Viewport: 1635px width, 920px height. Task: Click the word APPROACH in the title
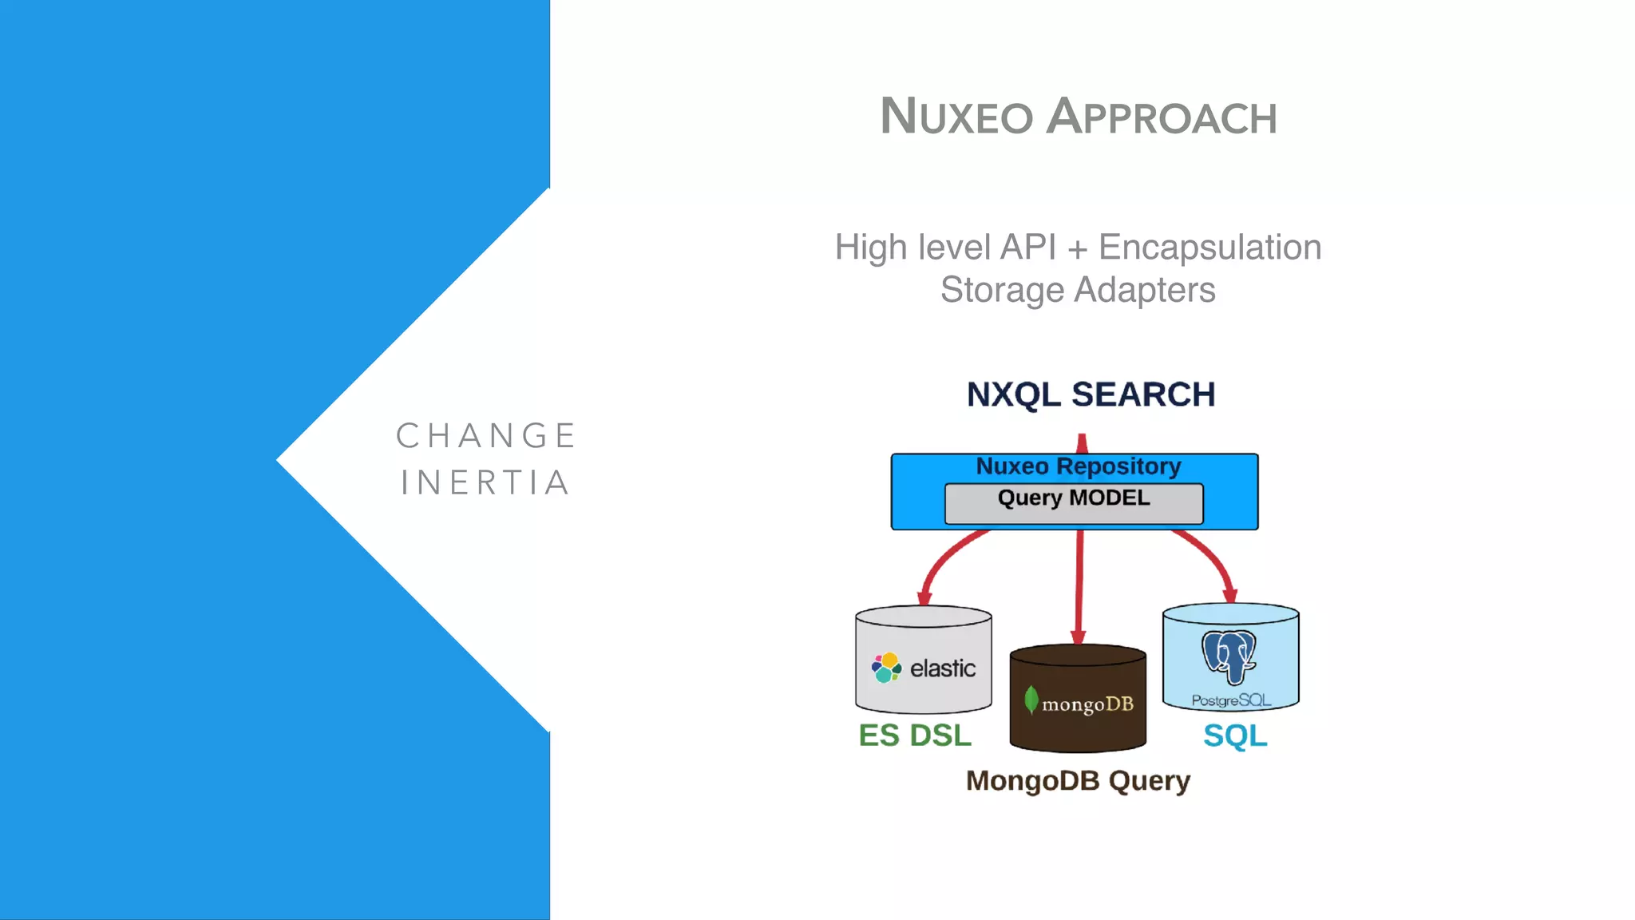1162,117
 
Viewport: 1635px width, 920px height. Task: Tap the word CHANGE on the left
486,436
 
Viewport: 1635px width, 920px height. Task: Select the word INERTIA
485,483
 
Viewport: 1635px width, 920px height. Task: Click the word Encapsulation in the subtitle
1209,248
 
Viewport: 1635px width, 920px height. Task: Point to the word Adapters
1145,290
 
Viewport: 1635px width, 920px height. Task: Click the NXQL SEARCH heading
1091,395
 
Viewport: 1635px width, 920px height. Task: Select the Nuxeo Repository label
1078,466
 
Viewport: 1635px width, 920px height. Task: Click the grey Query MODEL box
1074,503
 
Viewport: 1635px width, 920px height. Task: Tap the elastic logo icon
886,668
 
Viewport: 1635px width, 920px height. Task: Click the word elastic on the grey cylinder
943,668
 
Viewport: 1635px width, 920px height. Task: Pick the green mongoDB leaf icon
1031,700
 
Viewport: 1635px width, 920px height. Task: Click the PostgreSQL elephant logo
1229,656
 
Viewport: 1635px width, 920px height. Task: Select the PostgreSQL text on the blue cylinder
1231,700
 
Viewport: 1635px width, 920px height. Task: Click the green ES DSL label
915,736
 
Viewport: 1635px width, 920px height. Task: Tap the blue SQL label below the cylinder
1235,736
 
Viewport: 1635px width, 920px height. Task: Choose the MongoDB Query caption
1078,780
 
